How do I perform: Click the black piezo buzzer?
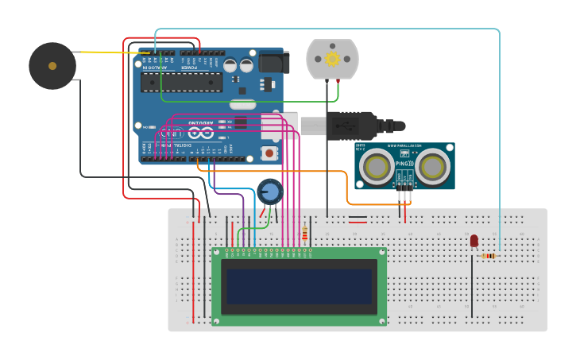point(52,65)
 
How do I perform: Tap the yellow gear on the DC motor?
point(332,59)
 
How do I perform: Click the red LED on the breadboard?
point(474,240)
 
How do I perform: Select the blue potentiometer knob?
point(270,192)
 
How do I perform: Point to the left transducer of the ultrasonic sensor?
point(375,166)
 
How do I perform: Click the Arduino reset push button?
point(269,153)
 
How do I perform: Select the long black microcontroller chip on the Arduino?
point(182,83)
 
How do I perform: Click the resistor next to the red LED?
point(489,256)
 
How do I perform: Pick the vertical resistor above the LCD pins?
point(304,234)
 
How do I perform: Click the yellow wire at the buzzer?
point(103,52)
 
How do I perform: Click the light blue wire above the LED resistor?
point(500,143)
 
